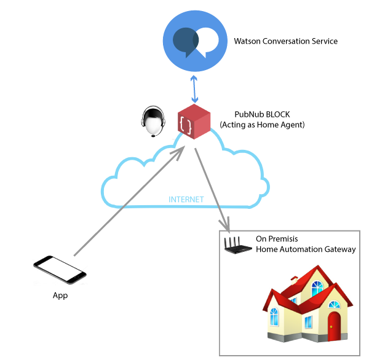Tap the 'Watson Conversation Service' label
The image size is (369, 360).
[x=285, y=42]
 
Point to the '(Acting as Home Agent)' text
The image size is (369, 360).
[x=262, y=125]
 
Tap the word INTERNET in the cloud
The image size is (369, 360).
[x=186, y=200]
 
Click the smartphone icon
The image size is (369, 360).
[x=59, y=270]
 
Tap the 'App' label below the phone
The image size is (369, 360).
[x=60, y=295]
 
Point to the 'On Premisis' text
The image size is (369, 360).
[x=277, y=239]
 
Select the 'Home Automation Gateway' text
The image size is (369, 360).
[x=306, y=249]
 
